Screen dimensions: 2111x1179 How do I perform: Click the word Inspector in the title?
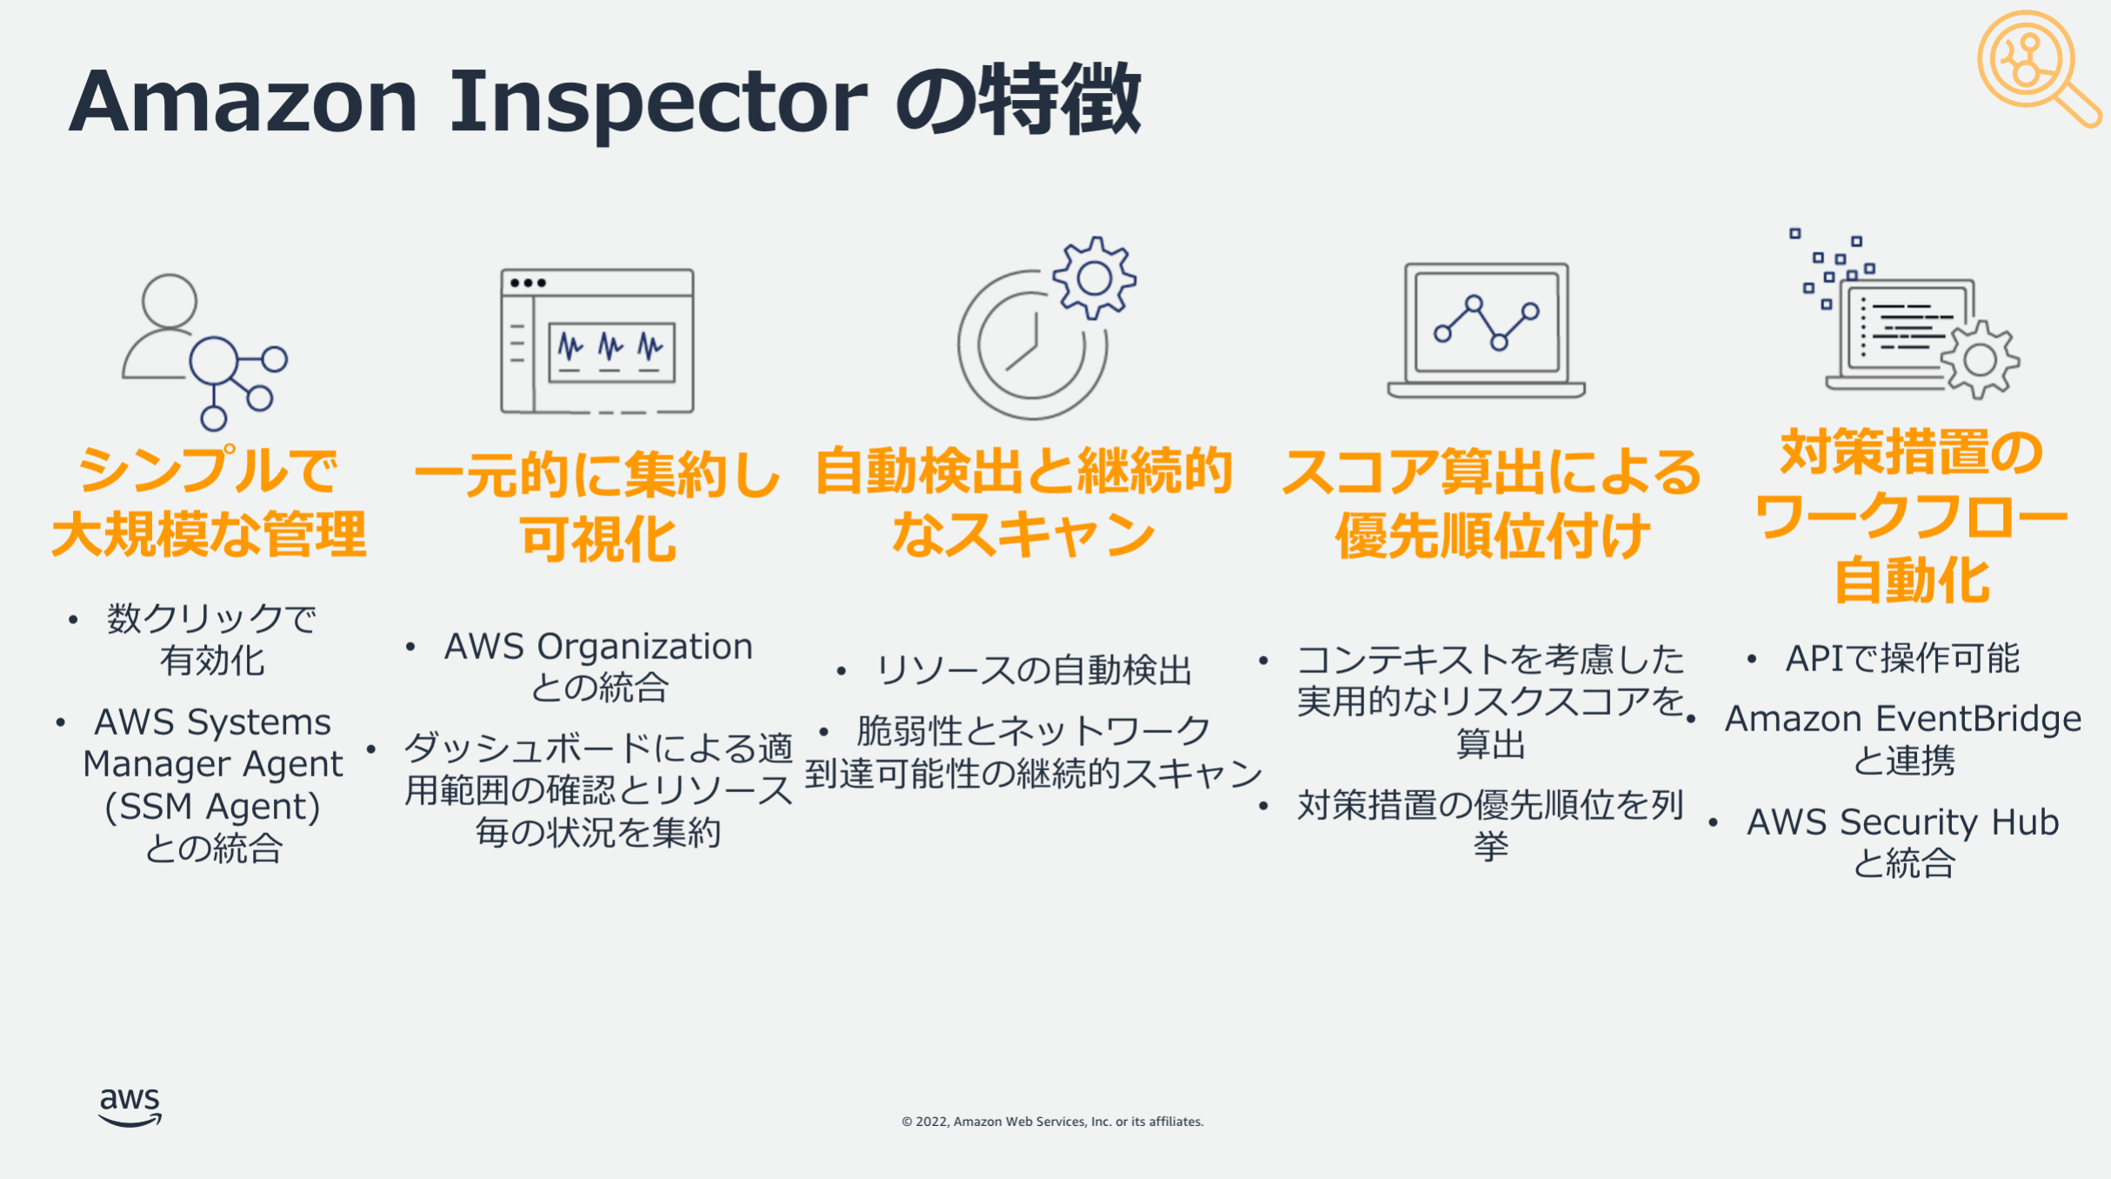click(658, 103)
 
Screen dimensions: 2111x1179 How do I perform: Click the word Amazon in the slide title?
click(243, 101)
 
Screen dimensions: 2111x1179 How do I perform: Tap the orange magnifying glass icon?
click(2037, 68)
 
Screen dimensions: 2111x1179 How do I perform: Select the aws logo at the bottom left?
click(130, 1107)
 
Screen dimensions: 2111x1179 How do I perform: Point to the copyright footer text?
click(1052, 1122)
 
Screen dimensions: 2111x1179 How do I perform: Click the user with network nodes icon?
click(205, 351)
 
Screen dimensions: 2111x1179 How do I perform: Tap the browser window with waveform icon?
click(597, 341)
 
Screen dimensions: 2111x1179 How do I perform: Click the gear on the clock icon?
click(1094, 278)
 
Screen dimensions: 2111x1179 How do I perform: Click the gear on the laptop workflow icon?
click(1980, 360)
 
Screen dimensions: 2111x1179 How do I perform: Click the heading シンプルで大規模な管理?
click(209, 503)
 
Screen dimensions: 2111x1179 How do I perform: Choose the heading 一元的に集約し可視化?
click(597, 507)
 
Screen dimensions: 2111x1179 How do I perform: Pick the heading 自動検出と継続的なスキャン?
click(1024, 503)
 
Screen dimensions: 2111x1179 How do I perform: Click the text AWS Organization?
click(598, 647)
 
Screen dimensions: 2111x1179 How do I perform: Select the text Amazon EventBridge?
click(1903, 719)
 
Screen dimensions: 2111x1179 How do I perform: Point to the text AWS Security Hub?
click(1903, 822)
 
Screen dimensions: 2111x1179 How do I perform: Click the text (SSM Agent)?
click(213, 807)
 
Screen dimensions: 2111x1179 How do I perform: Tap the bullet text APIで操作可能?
click(1902, 658)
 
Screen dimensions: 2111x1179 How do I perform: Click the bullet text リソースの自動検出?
click(1034, 670)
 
